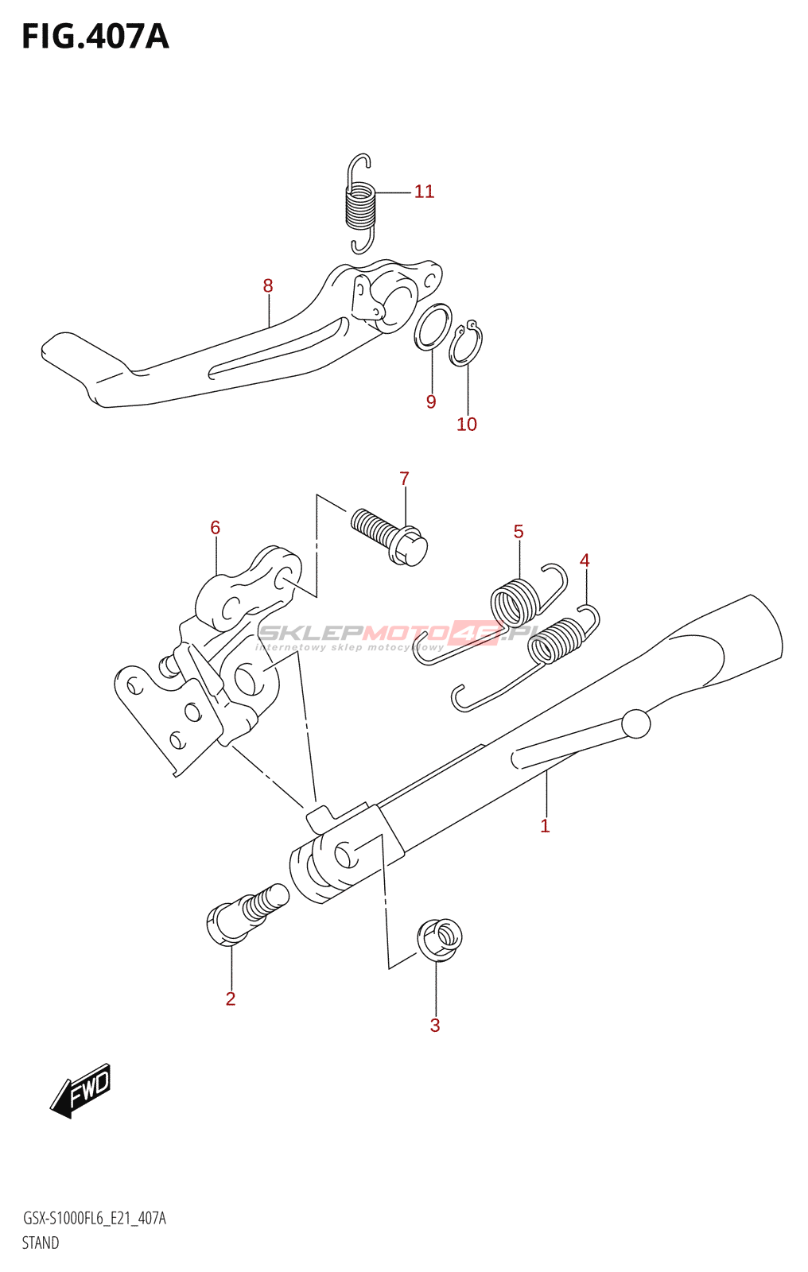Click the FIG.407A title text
pyautogui.click(x=95, y=37)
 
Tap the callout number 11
pyautogui.click(x=424, y=192)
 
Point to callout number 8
pyautogui.click(x=268, y=285)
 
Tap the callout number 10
pyautogui.click(x=467, y=425)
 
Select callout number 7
pyautogui.click(x=404, y=479)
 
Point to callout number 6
pyautogui.click(x=215, y=528)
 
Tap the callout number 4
pyautogui.click(x=585, y=560)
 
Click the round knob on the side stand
pyautogui.click(x=635, y=723)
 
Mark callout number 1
pyautogui.click(x=545, y=826)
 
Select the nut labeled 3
pyautogui.click(x=439, y=939)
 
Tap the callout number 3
pyautogui.click(x=435, y=1026)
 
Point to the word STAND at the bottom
pyautogui.click(x=41, y=1243)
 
